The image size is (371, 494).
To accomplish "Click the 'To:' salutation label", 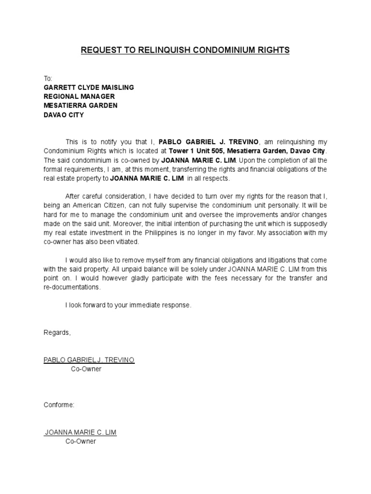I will pyautogui.click(x=48, y=78).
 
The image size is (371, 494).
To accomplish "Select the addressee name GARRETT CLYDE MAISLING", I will pyautogui.click(x=89, y=87).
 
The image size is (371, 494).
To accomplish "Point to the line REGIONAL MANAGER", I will pyautogui.click(x=79, y=96).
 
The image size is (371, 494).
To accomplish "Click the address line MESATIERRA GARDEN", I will pyautogui.click(x=81, y=106).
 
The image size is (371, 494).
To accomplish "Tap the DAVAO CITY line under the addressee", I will pyautogui.click(x=64, y=115).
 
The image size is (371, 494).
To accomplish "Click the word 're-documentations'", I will pyautogui.click(x=72, y=287).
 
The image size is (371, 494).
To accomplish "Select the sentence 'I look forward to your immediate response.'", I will pyautogui.click(x=128, y=305).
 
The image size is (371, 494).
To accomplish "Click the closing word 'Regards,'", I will pyautogui.click(x=57, y=333).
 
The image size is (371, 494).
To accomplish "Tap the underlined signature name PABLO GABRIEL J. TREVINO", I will pyautogui.click(x=89, y=360).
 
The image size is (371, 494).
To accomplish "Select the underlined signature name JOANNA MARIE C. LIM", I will pyautogui.click(x=80, y=432).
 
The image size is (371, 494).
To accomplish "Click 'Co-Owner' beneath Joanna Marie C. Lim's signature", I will pyautogui.click(x=81, y=441).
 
